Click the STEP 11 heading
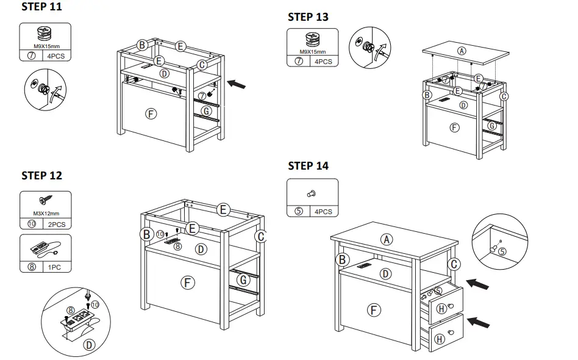pyautogui.click(x=41, y=7)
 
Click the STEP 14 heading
pyautogui.click(x=308, y=165)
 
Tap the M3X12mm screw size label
pyautogui.click(x=45, y=214)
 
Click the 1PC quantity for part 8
pyautogui.click(x=55, y=267)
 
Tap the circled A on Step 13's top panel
pyautogui.click(x=462, y=51)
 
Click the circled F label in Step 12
pyautogui.click(x=188, y=282)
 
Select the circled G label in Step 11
pyautogui.click(x=206, y=111)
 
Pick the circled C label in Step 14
pyautogui.click(x=453, y=264)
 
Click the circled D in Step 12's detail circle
pyautogui.click(x=89, y=345)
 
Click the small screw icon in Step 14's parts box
pyautogui.click(x=312, y=193)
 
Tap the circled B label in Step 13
pyautogui.click(x=427, y=95)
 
